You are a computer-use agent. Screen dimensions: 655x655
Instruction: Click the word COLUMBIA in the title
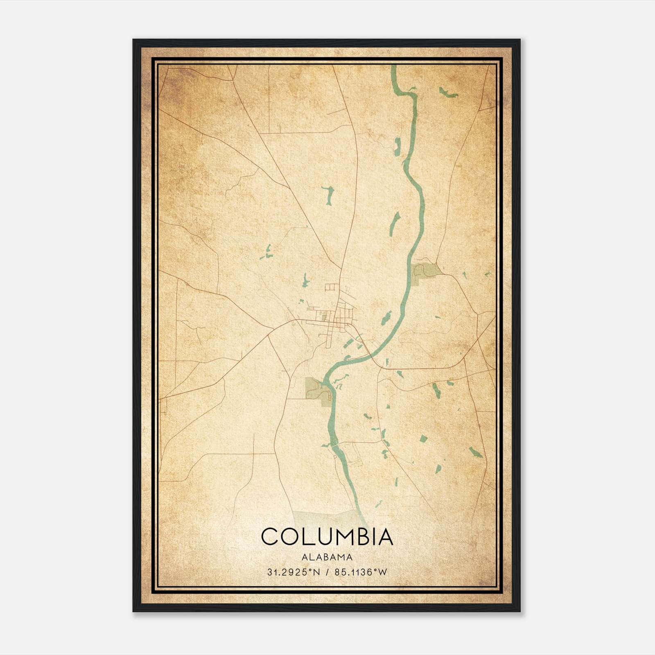(327, 537)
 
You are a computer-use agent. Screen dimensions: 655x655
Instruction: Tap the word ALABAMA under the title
(327, 557)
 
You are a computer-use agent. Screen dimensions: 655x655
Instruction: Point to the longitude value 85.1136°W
(360, 572)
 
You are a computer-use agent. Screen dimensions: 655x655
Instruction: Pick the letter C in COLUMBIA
(270, 537)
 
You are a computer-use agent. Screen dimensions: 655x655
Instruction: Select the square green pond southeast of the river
(423, 439)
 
